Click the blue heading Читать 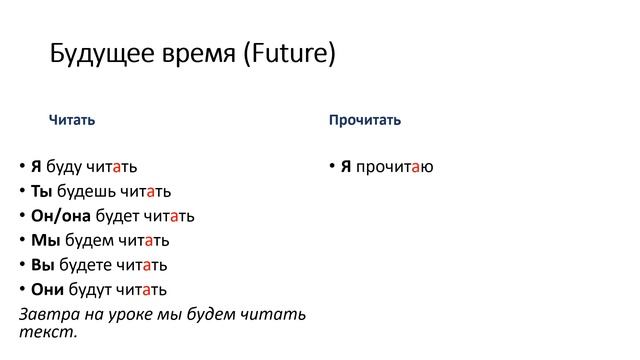(72, 120)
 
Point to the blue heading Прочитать (365, 120)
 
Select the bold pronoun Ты (41, 191)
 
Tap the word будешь (86, 191)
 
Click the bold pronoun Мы (44, 241)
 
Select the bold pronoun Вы (43, 265)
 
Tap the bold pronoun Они (47, 290)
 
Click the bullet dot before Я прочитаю (332, 166)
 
